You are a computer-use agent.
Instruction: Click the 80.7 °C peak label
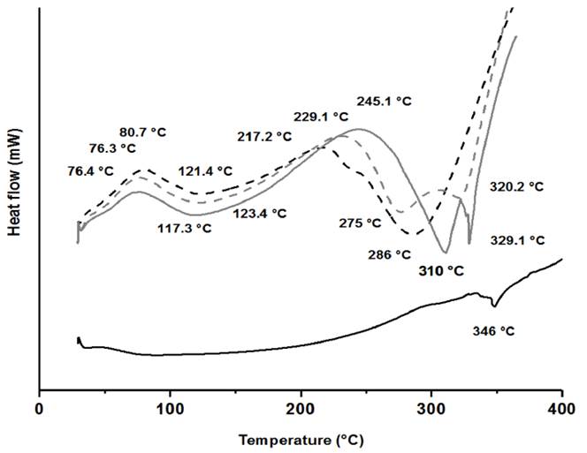click(x=143, y=132)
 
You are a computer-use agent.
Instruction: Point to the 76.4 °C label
click(x=91, y=170)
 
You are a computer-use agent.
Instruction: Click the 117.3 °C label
click(x=187, y=228)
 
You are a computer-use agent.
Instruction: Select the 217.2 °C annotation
click(x=264, y=137)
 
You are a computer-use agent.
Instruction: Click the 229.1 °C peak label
click(x=322, y=117)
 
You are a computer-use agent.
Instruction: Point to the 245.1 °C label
click(x=384, y=102)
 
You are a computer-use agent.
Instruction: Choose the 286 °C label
click(x=390, y=254)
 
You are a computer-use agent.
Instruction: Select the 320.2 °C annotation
click(x=515, y=187)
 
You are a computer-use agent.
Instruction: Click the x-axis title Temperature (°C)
click(x=300, y=439)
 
